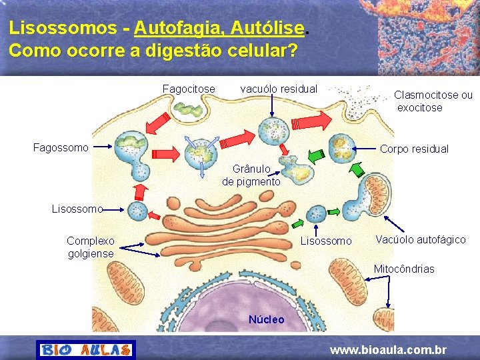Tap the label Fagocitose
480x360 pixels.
189,89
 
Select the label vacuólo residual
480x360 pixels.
279,89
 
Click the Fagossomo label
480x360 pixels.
61,147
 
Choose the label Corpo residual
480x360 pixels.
414,149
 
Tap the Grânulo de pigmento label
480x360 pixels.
251,175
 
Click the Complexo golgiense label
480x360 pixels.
91,247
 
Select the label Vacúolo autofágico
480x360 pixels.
421,239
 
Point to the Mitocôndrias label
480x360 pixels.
404,269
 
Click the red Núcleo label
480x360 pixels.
266,319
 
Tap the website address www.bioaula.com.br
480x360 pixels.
389,350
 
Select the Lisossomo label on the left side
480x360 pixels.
77,209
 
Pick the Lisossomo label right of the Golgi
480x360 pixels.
326,241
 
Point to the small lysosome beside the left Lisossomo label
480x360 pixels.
138,212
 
